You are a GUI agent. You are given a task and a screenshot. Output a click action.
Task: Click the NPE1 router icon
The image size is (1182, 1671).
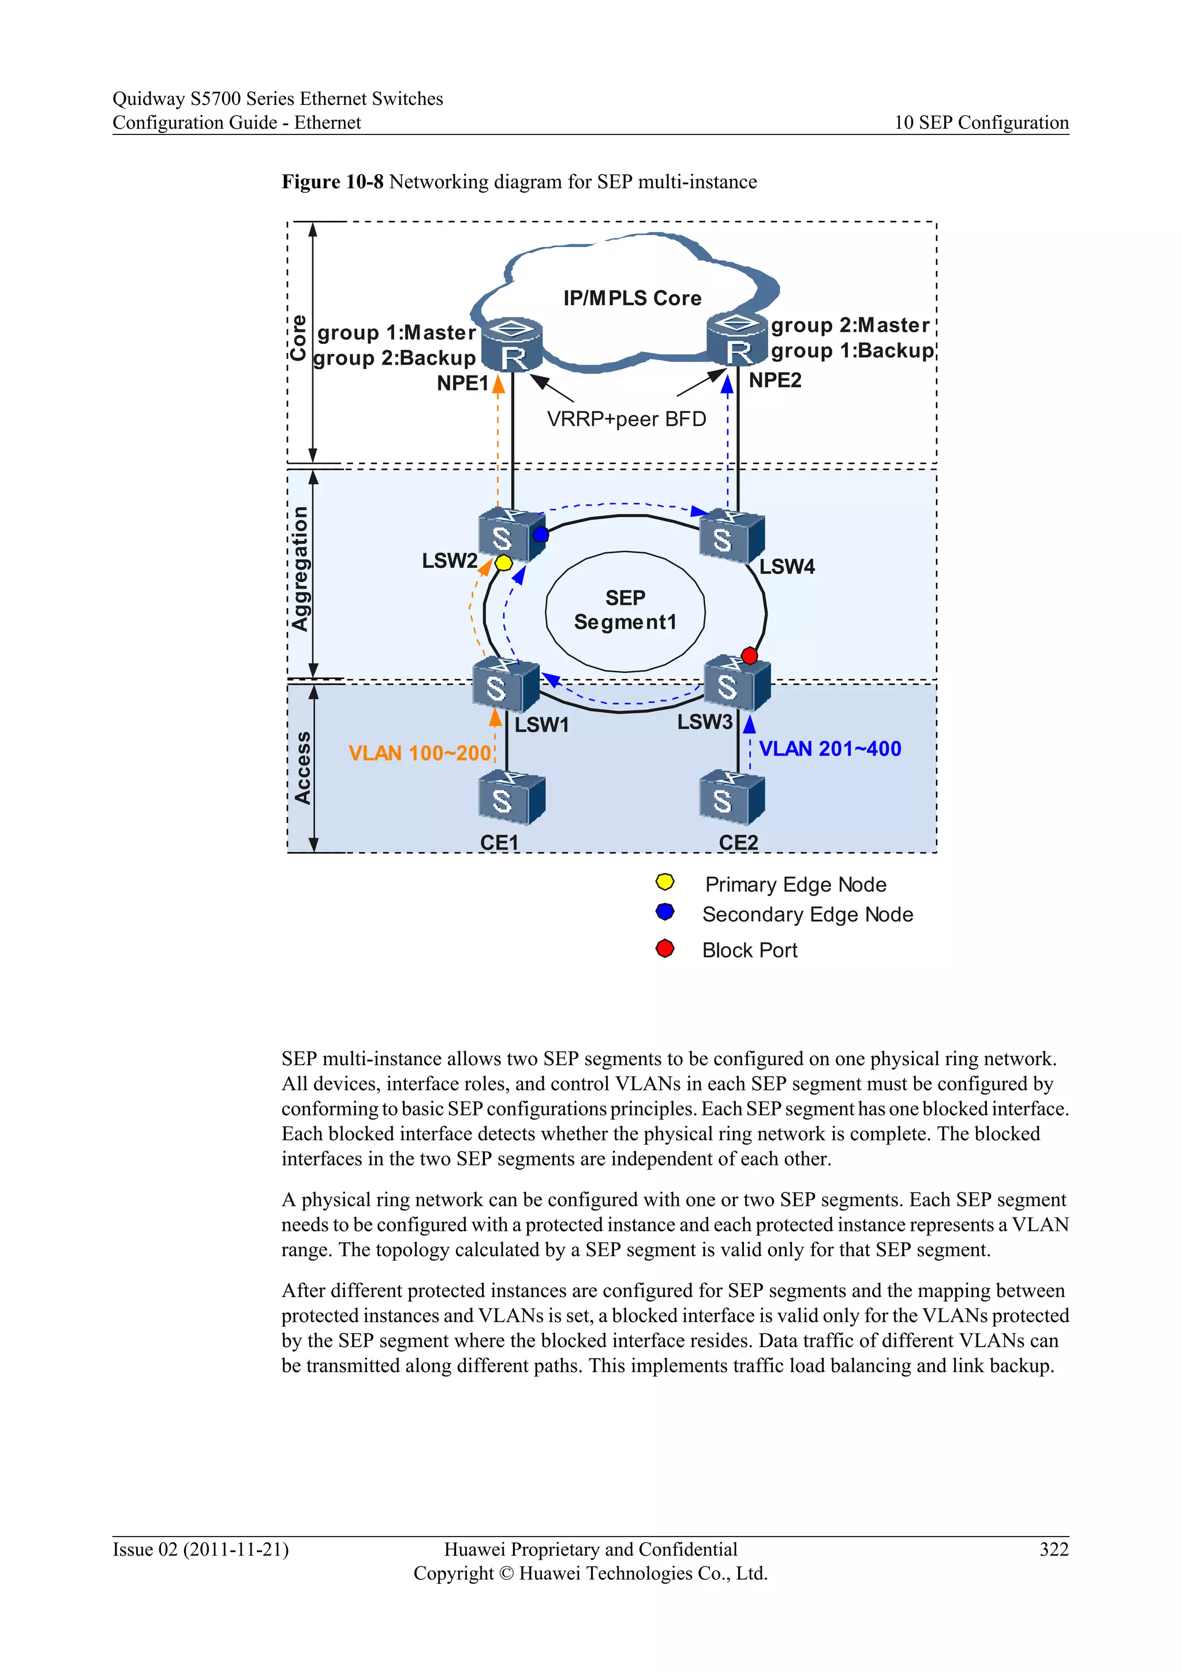point(513,345)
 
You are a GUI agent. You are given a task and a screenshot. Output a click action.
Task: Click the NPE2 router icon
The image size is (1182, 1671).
point(737,340)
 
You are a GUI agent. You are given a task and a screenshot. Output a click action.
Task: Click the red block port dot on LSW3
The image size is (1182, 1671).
point(749,655)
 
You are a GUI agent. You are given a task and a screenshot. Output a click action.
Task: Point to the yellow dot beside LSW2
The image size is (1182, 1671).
point(504,563)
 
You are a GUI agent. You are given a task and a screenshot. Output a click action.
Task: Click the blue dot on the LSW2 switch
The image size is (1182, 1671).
point(540,535)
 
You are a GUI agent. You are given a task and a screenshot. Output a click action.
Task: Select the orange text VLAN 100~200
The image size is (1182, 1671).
point(419,753)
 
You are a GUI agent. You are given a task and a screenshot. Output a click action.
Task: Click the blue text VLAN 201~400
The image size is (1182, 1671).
point(830,749)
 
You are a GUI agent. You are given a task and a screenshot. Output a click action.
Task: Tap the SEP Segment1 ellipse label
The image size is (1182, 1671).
point(625,610)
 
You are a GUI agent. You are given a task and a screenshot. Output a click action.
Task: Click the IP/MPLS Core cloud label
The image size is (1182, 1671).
point(632,298)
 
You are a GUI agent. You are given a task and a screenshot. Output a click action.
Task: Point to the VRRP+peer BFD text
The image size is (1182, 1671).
point(626,419)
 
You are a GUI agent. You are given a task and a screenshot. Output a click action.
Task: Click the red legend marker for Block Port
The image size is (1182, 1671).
point(664,949)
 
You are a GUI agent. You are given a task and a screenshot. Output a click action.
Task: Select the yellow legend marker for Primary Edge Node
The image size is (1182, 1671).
point(664,883)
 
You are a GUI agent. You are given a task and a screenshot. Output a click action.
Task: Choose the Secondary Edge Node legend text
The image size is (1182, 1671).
point(807,915)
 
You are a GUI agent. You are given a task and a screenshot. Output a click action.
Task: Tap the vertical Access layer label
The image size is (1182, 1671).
point(302,768)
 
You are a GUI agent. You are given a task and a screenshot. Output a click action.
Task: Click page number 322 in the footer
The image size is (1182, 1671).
point(1053,1549)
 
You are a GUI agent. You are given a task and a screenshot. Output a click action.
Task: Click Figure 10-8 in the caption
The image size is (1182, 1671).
point(332,182)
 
